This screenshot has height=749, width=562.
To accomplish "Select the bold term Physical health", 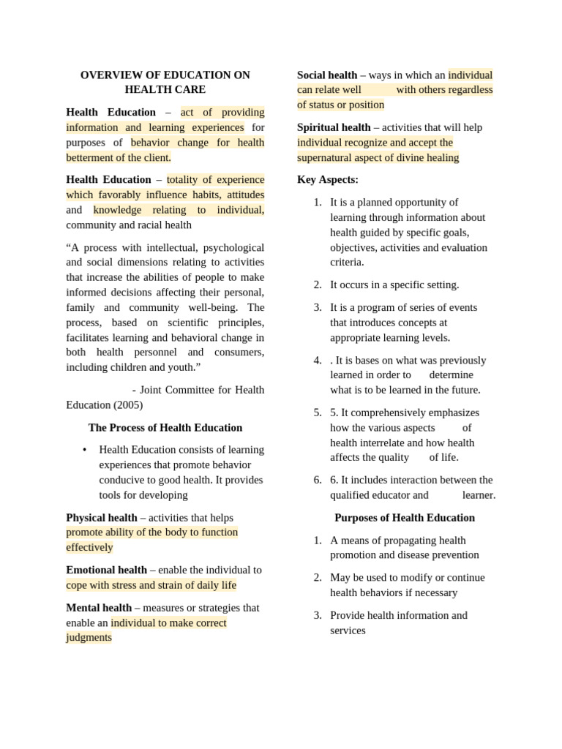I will tap(102, 517).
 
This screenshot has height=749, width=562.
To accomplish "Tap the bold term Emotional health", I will tap(106, 570).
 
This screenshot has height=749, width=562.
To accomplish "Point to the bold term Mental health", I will tap(99, 607).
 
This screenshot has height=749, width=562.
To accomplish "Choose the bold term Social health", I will tap(327, 75).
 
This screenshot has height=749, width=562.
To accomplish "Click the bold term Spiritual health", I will tap(334, 127).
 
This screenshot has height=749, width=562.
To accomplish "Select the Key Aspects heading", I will tap(328, 179).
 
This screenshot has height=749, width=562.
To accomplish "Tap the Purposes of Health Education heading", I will tap(405, 517).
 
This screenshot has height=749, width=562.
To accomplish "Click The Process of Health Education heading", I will tap(165, 427).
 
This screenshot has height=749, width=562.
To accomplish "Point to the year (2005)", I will tap(127, 404).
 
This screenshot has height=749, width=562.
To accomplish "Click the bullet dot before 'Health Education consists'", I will tap(85, 450).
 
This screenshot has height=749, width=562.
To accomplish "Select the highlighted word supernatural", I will tap(328, 157).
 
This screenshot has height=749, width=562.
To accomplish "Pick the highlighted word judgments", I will tap(89, 637).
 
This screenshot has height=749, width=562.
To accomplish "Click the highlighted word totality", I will tap(185, 179).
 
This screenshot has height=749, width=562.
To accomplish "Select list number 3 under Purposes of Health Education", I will tap(318, 615).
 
